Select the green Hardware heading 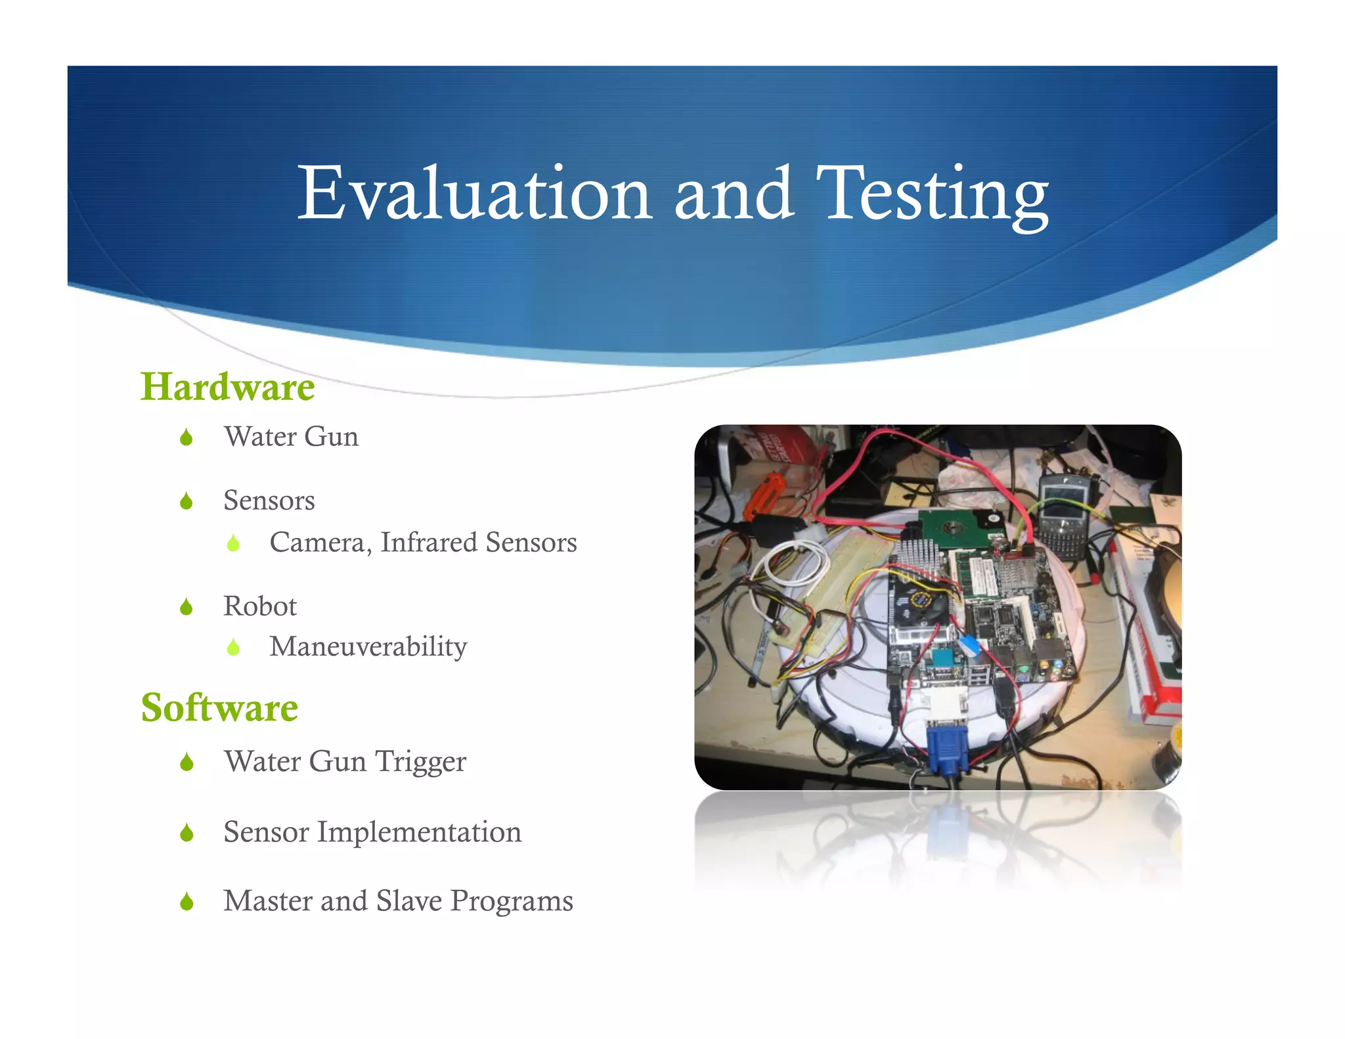click(227, 387)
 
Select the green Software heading click(219, 708)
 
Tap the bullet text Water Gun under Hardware click(291, 437)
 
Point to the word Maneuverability click(368, 647)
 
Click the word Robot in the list click(259, 606)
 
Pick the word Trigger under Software click(420, 762)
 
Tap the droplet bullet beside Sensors click(187, 502)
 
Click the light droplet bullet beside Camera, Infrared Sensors click(233, 543)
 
